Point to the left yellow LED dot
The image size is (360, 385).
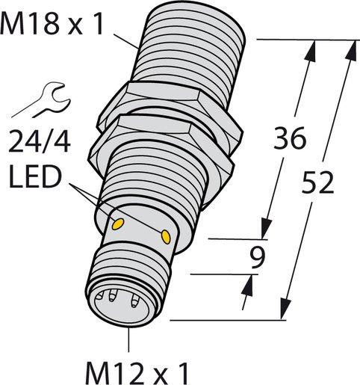[117, 222]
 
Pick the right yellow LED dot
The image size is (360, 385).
[165, 237]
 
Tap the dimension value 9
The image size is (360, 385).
[259, 258]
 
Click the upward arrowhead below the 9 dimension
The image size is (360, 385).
[247, 284]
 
